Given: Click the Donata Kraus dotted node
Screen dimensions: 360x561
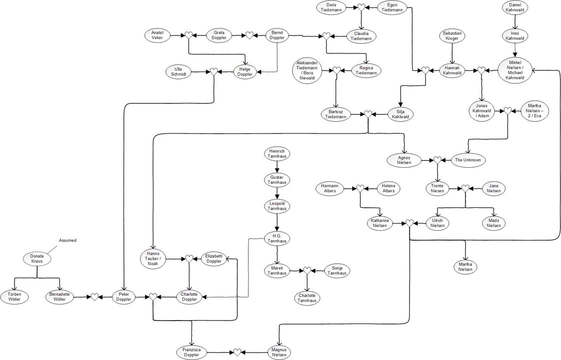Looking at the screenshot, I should click(36, 259).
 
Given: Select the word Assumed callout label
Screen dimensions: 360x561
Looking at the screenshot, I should click(67, 240).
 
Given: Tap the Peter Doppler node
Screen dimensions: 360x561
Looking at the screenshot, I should click(123, 297).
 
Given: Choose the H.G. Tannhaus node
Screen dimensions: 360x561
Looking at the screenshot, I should click(277, 239).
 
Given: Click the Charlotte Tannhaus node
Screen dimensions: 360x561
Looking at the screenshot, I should click(307, 298).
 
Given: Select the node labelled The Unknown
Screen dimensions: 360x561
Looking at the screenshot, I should click(467, 160).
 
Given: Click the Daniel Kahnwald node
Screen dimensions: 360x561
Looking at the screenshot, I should click(515, 7).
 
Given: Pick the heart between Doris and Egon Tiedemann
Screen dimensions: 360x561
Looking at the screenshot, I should click(361, 7).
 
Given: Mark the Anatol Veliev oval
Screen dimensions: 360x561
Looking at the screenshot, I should click(161, 35).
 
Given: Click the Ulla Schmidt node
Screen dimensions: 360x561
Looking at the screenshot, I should click(178, 71).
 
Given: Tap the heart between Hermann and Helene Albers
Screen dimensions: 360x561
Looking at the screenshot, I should click(359, 188).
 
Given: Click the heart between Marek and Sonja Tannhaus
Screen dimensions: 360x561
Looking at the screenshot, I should click(307, 270).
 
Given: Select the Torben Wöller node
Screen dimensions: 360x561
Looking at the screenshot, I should click(14, 297).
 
